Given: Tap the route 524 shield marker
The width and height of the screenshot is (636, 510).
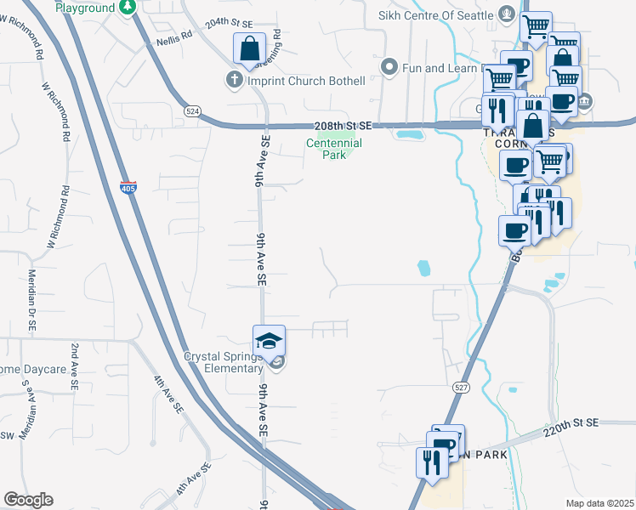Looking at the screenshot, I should point(192,110).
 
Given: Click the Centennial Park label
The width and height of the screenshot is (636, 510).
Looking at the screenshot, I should point(334,150).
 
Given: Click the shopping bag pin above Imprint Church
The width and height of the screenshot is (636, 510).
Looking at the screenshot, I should point(250,50).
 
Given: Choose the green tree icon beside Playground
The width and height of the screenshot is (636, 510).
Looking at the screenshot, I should point(127,8).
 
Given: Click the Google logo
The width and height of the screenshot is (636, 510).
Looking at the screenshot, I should point(27,500).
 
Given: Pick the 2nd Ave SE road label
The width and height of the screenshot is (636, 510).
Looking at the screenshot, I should point(75,366).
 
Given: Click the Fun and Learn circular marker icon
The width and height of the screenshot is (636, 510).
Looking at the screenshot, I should point(389,65).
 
